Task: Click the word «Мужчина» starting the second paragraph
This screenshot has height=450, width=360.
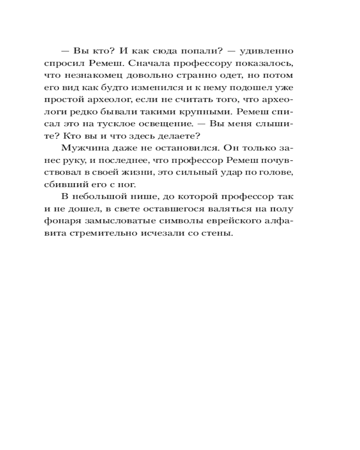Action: point(81,148)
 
